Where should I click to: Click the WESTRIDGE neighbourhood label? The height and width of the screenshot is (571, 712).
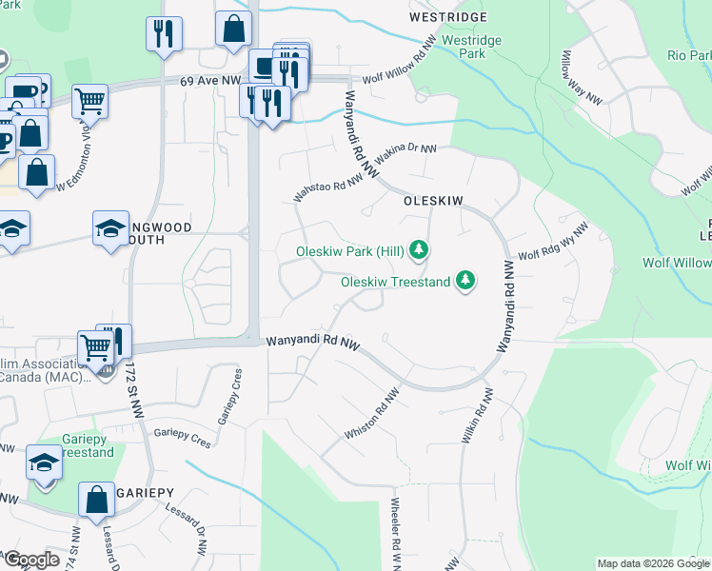pos(447,18)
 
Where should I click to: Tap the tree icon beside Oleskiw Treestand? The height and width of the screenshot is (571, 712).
pos(465,280)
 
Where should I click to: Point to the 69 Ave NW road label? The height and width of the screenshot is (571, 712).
pos(209,83)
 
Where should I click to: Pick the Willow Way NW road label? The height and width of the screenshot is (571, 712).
pos(580,86)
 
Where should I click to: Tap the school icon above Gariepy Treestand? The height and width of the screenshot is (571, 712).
pos(45,462)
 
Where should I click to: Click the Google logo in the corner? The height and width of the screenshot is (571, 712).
pos(31,560)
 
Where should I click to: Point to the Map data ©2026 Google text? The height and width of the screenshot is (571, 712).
pos(653,563)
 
